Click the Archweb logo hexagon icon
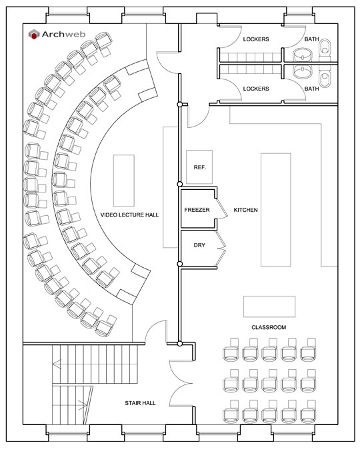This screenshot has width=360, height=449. (x=34, y=34)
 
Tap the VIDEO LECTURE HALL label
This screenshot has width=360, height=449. (x=129, y=215)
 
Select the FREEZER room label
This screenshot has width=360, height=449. (x=197, y=210)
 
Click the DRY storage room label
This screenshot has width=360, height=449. (x=199, y=245)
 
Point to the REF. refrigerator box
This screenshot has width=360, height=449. (x=199, y=167)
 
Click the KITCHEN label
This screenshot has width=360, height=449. (x=245, y=210)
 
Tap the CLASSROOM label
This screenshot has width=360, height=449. (x=269, y=327)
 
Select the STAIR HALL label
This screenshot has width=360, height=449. (x=140, y=403)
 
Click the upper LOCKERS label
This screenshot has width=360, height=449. (x=256, y=39)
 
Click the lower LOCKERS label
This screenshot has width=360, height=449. (x=256, y=89)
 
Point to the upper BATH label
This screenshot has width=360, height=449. (x=311, y=39)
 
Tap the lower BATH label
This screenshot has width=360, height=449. (x=311, y=89)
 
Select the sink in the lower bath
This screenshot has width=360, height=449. (x=303, y=71)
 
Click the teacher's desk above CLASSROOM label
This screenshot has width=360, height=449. (x=269, y=306)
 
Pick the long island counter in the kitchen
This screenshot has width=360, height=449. (x=276, y=210)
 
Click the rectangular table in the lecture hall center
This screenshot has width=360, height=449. (x=124, y=181)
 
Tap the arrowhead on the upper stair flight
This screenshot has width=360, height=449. (x=57, y=364)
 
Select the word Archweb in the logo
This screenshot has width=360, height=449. (x=63, y=35)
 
